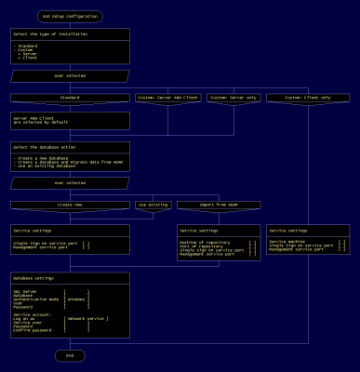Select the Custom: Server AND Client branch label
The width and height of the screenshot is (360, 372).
168,96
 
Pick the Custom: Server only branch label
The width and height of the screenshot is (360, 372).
231,96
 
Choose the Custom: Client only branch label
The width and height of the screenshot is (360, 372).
306,96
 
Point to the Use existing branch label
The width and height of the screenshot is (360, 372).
153,203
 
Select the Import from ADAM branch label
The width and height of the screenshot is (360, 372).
219,203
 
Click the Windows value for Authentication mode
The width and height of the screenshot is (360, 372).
77,299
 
